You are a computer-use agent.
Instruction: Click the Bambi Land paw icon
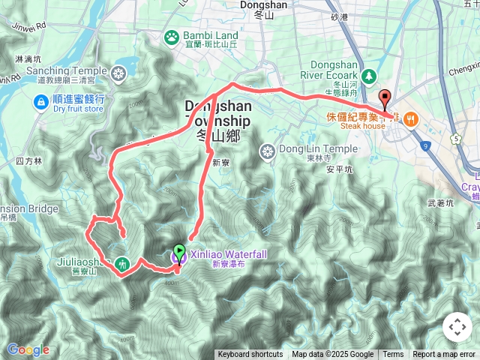(172, 36)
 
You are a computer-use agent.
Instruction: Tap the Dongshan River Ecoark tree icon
(368, 76)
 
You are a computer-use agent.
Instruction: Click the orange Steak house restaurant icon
(410, 119)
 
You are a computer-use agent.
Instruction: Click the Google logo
(28, 349)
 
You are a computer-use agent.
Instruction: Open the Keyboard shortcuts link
(250, 355)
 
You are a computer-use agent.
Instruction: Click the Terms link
(393, 355)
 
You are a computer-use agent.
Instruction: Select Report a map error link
(444, 355)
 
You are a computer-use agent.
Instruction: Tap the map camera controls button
(457, 327)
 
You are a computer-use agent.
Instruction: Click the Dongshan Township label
(217, 114)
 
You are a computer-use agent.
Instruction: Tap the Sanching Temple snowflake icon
(118, 73)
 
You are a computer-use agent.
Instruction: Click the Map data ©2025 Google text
(332, 355)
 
